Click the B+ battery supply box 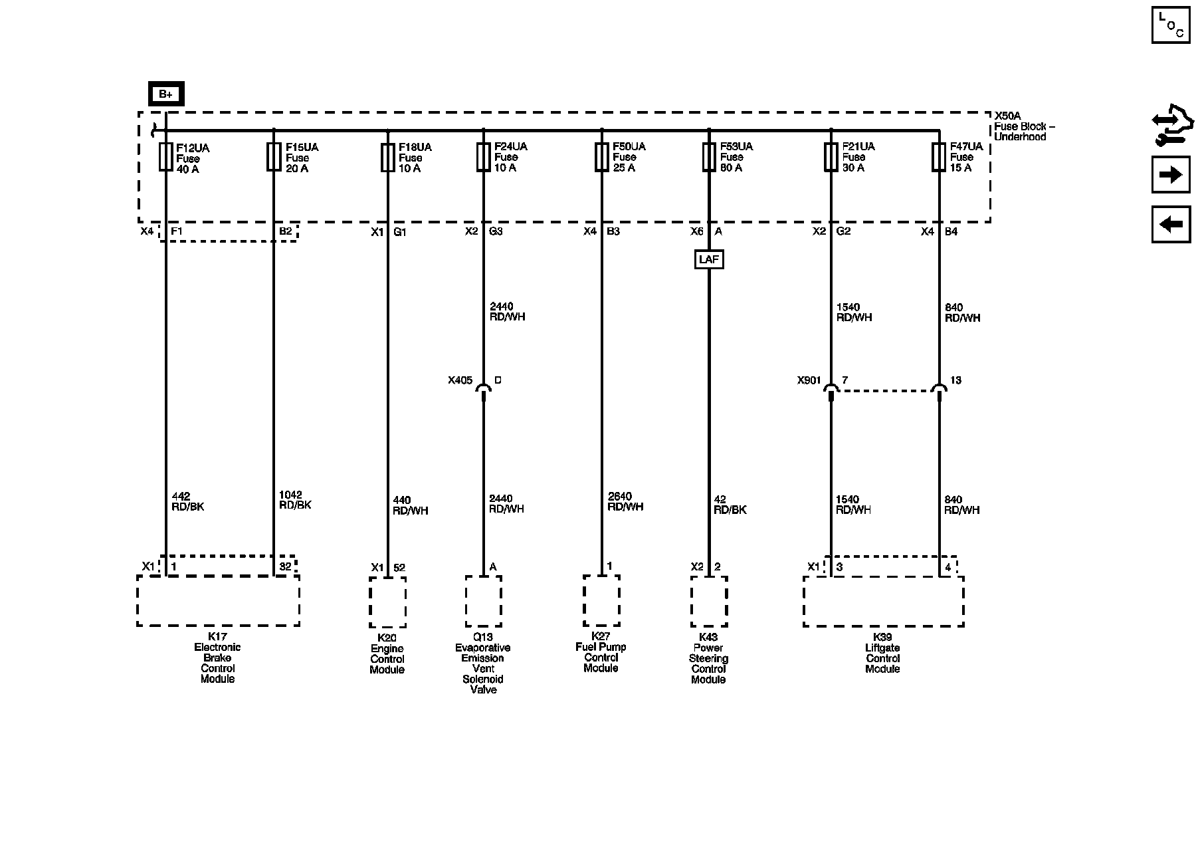[x=165, y=94]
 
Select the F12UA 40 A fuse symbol [x=165, y=158]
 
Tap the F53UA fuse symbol [x=709, y=158]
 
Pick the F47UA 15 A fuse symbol [x=939, y=158]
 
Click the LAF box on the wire [x=709, y=259]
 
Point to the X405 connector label [x=460, y=380]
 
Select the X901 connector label [x=809, y=380]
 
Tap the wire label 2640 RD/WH [x=625, y=501]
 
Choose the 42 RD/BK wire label [x=730, y=505]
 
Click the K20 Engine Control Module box [x=387, y=602]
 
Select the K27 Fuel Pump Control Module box [x=601, y=601]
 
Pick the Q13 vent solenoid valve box [x=483, y=601]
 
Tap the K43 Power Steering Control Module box [x=709, y=601]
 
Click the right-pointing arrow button [x=1171, y=175]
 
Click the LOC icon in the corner [x=1171, y=25]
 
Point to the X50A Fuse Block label [x=1024, y=126]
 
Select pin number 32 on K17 [x=285, y=567]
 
